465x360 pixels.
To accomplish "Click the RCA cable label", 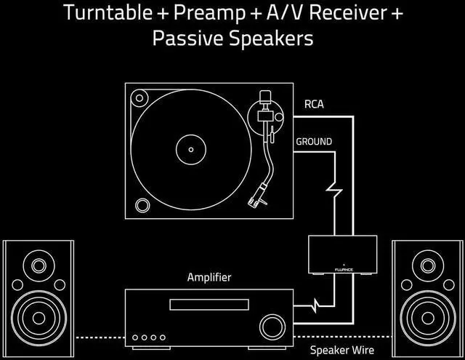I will [x=313, y=104].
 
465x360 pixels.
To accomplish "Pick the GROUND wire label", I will [x=314, y=141].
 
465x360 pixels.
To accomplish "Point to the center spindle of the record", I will [x=191, y=150].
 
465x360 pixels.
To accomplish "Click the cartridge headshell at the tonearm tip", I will [x=256, y=196].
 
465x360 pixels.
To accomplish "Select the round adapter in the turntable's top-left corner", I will [x=140, y=97].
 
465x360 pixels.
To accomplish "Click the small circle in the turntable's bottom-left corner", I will [x=143, y=204].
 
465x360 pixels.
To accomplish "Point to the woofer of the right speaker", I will [x=427, y=313].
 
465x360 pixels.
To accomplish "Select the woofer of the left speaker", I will [x=36, y=313].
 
